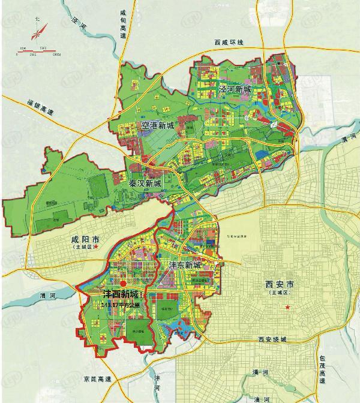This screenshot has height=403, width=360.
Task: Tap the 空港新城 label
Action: [157, 125]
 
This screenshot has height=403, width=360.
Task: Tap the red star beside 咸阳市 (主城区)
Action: [103, 246]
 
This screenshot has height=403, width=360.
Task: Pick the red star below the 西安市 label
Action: [288, 308]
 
